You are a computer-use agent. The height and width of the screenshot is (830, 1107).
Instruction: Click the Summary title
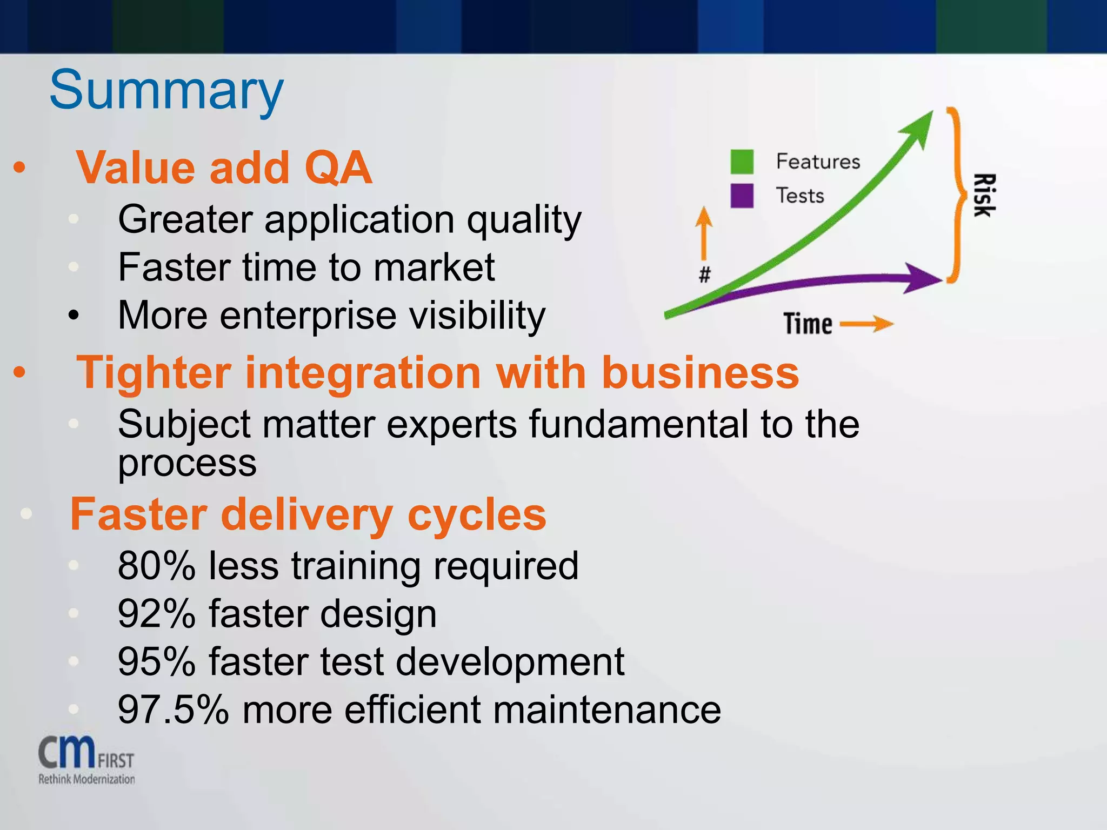click(x=166, y=90)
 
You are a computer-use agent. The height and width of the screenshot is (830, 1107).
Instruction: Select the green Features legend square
click(x=742, y=162)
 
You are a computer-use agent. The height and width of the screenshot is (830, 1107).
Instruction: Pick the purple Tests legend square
click(x=742, y=196)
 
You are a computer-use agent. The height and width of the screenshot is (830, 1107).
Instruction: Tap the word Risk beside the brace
click(x=983, y=196)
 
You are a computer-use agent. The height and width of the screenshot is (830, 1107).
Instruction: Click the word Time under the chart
click(x=808, y=324)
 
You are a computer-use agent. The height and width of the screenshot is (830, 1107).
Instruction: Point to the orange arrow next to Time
click(x=866, y=324)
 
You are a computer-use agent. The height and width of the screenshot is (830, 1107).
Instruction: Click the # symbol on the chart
click(x=704, y=275)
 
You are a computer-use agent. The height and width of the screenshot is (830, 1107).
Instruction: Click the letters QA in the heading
click(x=338, y=168)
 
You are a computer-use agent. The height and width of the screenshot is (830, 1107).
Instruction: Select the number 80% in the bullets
click(x=157, y=566)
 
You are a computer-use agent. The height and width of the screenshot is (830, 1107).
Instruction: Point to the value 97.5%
click(x=173, y=709)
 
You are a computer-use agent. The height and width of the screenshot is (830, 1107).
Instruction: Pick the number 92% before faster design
click(x=157, y=614)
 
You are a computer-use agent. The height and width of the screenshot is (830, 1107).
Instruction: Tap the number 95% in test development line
click(x=157, y=661)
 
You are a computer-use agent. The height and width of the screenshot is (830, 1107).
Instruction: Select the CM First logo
click(x=86, y=759)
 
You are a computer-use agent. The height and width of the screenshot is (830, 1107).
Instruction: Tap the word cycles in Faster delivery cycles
click(x=476, y=514)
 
